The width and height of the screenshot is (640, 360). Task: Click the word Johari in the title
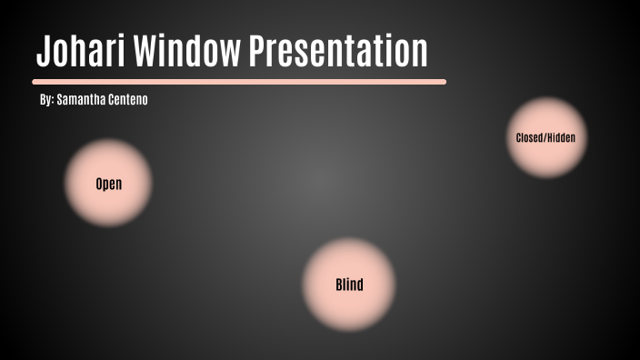81,52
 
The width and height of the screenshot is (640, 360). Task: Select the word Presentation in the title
338,52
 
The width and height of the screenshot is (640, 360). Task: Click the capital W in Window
145,52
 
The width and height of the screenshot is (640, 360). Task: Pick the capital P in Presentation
257,52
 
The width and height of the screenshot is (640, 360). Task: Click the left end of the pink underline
35,82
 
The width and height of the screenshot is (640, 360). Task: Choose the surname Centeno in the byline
127,100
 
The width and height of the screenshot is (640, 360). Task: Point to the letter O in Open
99,185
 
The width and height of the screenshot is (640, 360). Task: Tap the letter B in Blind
339,285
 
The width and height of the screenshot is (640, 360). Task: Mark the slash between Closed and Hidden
545,138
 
